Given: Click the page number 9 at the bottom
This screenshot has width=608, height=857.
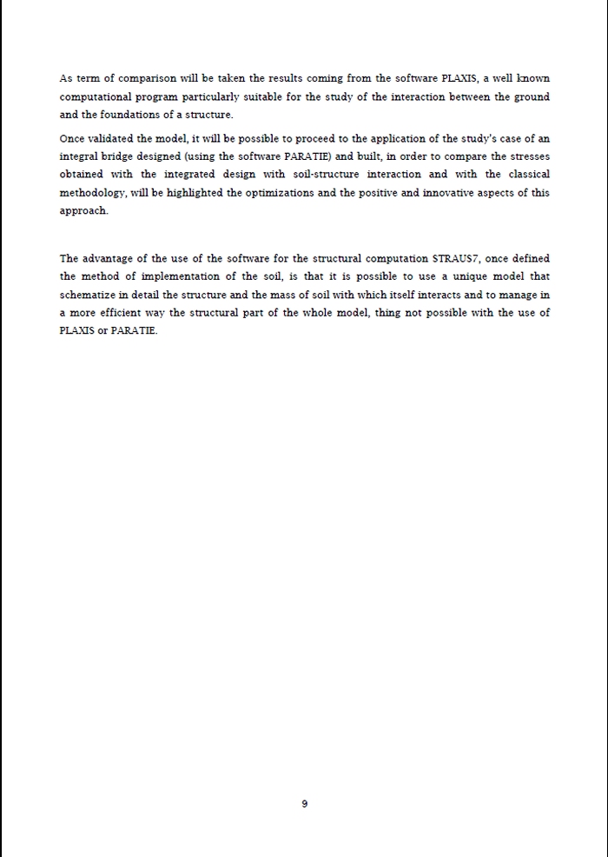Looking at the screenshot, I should [304, 804].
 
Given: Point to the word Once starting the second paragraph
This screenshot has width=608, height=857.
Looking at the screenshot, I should [72, 139].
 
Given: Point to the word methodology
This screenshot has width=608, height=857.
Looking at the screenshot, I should [91, 193].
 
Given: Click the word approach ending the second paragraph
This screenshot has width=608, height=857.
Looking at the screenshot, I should [83, 211].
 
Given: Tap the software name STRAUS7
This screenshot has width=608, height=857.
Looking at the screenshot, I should [456, 258].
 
